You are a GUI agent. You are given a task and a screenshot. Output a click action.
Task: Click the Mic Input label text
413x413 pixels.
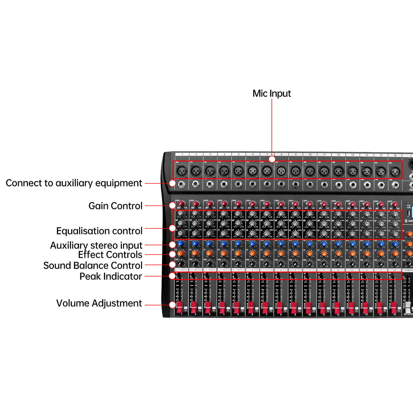[272, 93]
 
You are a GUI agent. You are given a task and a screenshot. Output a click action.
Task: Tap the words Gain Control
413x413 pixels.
[115, 206]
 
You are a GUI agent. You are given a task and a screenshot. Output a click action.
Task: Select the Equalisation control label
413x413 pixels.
[99, 231]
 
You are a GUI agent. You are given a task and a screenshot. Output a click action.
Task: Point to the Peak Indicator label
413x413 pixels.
[110, 276]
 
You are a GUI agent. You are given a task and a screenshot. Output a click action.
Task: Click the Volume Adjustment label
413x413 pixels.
[99, 303]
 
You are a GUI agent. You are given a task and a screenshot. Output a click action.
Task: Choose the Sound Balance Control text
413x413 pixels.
[93, 265]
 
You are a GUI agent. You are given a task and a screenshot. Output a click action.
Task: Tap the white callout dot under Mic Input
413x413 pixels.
[272, 159]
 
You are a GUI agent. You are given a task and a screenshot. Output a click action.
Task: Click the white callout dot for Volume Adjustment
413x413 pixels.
[172, 305]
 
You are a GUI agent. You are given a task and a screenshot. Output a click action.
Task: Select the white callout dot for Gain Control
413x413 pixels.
[172, 205]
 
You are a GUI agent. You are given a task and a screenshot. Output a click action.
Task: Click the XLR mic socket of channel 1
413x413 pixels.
[182, 171]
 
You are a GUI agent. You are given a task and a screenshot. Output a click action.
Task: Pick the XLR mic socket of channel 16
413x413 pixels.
[395, 171]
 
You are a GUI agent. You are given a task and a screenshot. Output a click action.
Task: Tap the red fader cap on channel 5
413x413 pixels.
[236, 307]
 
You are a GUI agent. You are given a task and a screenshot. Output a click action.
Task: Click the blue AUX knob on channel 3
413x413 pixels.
[210, 243]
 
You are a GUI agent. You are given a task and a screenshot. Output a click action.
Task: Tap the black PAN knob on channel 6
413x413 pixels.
[252, 263]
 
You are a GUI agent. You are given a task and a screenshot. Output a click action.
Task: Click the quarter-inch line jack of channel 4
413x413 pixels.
[224, 184]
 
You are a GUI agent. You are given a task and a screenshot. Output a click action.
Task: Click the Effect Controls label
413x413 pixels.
[110, 255]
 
